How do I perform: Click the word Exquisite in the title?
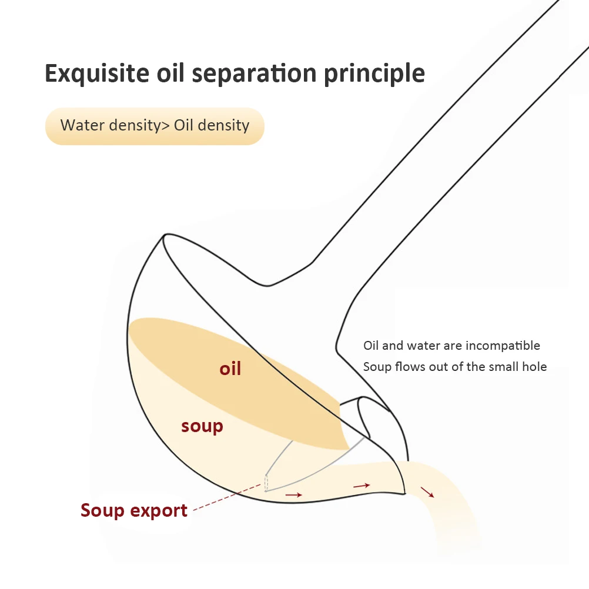click(97, 73)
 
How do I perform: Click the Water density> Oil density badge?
click(155, 126)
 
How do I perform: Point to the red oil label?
click(230, 369)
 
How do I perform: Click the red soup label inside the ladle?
click(202, 426)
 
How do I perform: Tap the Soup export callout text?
click(134, 510)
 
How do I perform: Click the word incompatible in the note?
click(503, 346)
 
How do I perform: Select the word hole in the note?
click(534, 367)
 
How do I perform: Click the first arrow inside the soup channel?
click(293, 495)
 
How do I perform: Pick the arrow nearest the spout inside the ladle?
click(361, 486)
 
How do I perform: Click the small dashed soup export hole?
click(266, 483)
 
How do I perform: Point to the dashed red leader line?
click(226, 497)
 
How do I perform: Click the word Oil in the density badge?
click(183, 126)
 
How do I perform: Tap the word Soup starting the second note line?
click(377, 367)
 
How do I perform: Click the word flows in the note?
click(409, 367)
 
